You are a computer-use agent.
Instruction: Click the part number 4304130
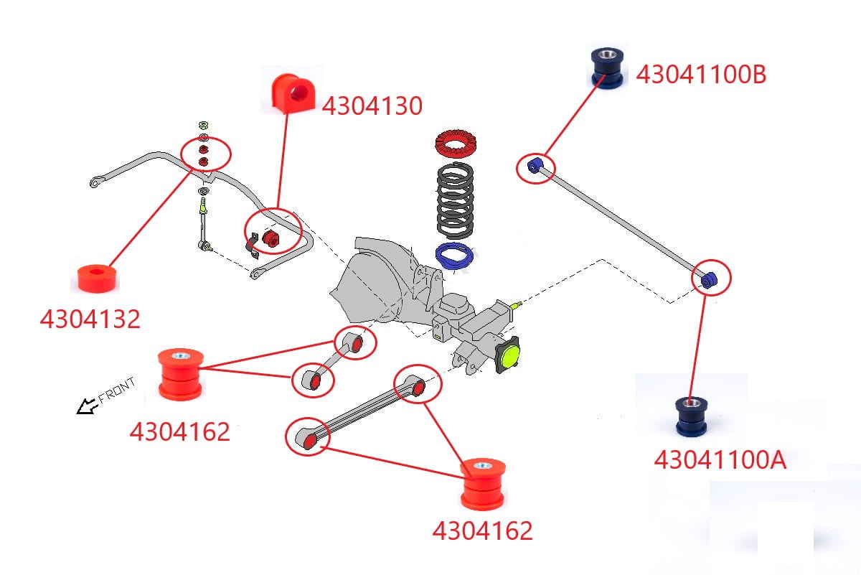tap(372, 106)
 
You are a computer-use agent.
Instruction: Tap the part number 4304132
tap(90, 319)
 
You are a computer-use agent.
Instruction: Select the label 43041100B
tap(701, 75)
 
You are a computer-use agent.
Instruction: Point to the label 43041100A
tap(720, 460)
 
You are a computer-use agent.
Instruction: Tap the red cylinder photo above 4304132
tap(98, 279)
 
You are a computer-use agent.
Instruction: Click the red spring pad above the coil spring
tap(454, 145)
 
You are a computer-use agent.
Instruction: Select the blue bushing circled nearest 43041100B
tap(534, 167)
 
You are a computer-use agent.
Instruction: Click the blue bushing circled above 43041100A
tap(708, 280)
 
